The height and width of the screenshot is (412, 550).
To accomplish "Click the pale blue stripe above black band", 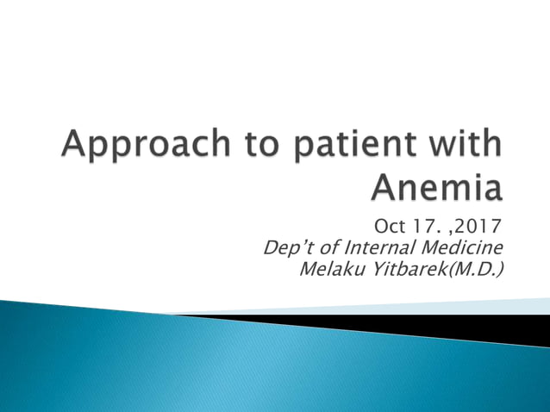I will point(483,306).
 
